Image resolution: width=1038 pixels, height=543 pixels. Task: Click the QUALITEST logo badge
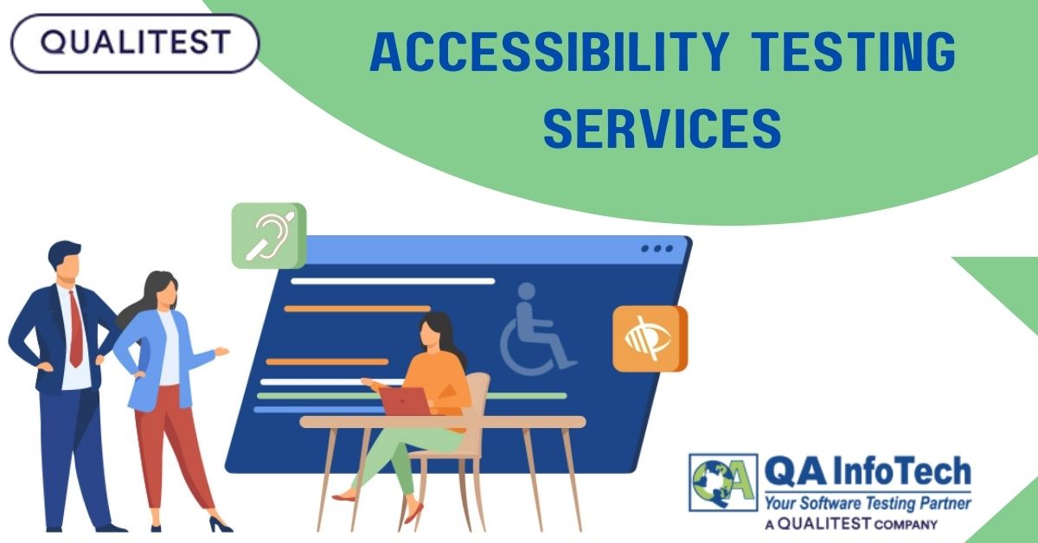coord(134,42)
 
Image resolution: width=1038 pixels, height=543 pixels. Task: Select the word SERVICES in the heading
coord(663,128)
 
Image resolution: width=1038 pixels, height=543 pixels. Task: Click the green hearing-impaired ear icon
coord(269,235)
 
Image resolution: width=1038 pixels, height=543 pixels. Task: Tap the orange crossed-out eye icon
coord(649,338)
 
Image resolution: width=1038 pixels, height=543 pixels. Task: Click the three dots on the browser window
coord(657,249)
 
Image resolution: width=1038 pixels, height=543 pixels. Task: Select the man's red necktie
coord(76,329)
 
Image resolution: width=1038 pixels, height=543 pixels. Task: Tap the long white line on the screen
coord(393,281)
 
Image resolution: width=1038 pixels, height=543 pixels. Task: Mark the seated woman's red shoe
coord(343,496)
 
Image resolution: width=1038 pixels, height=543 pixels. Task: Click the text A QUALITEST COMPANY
coord(851,524)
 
